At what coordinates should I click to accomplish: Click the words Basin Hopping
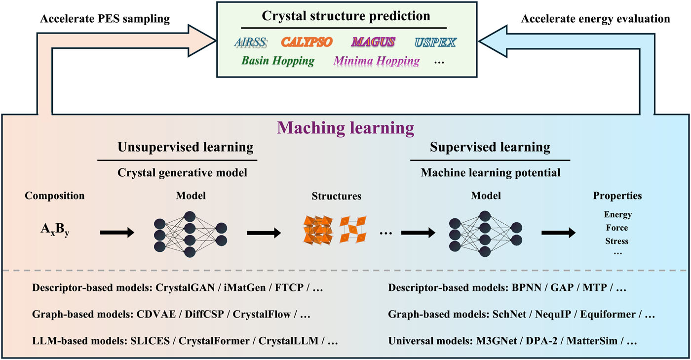point(278,61)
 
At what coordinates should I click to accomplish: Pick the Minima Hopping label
point(377,61)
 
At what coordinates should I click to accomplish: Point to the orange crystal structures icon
point(334,230)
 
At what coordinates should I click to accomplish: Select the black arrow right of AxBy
point(117,233)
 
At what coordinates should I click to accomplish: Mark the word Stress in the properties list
point(617,241)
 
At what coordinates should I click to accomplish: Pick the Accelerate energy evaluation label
point(595,19)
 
